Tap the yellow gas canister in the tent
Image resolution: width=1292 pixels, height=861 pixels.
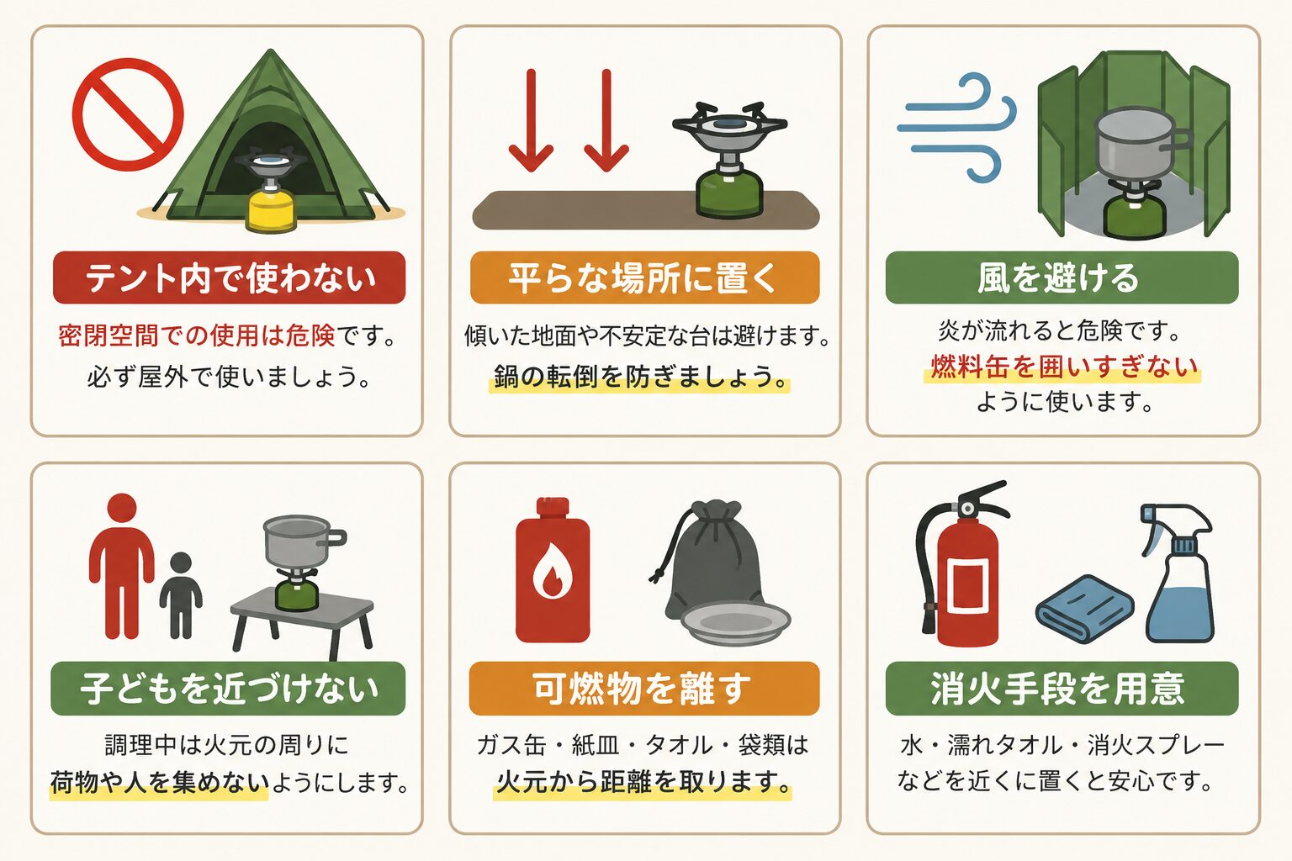271,212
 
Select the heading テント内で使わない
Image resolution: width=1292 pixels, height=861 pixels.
230,278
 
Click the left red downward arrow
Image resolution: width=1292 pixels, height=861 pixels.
531,120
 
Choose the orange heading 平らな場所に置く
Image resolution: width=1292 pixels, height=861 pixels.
645,278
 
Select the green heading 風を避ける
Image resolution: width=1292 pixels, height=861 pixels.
1062,278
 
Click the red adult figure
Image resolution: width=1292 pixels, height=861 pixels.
122,566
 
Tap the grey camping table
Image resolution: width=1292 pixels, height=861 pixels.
302,626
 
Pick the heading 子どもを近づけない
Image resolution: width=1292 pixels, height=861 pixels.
229,689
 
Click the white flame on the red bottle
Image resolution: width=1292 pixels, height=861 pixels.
552,570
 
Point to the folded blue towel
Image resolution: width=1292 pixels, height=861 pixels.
1085,609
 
